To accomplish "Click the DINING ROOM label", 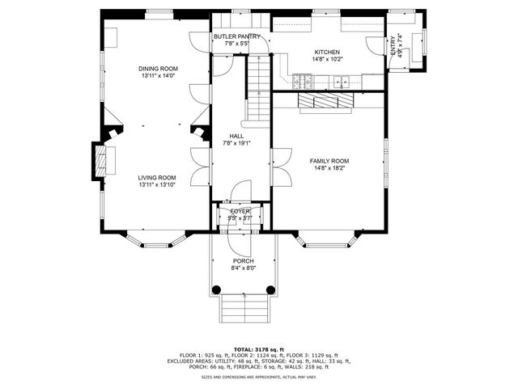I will tap(158, 69).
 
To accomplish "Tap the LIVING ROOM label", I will tap(156, 178).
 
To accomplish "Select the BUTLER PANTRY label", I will tap(237, 37).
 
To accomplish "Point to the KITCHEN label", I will tap(328, 52).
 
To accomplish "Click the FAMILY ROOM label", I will tap(329, 161).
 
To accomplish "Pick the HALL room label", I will tap(236, 137).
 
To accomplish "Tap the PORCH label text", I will tap(244, 261).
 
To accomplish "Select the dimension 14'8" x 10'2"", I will tap(328, 59).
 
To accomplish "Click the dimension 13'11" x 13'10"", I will tap(156, 185).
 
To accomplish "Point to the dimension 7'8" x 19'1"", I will tap(236, 144).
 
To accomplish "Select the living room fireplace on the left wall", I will tap(100, 158).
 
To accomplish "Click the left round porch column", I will tap(216, 289).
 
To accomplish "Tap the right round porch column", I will tap(270, 289).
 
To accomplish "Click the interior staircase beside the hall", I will tap(257, 89).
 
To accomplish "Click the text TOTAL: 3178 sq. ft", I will tap(258, 348).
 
